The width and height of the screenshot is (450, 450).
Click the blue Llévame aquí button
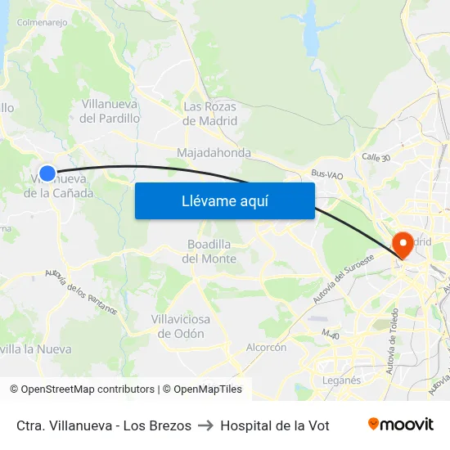pyautogui.click(x=224, y=200)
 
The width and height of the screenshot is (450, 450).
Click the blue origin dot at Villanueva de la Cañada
pyautogui.click(x=47, y=173)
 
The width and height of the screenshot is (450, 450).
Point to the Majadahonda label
pyautogui.click(x=214, y=153)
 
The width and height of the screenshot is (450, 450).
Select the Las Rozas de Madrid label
pyautogui.click(x=209, y=114)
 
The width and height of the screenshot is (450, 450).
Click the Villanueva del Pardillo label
pyautogui.click(x=110, y=110)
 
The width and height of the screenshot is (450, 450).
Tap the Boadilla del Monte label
pyautogui.click(x=212, y=252)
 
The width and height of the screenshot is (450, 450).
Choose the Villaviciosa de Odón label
pyautogui.click(x=178, y=326)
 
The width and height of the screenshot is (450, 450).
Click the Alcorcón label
pyautogui.click(x=266, y=347)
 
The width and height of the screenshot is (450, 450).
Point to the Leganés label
pyautogui.click(x=341, y=380)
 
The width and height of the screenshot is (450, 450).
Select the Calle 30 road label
pyautogui.click(x=376, y=156)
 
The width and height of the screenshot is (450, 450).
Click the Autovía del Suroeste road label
pyautogui.click(x=343, y=279)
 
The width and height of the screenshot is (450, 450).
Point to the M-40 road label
pyautogui.click(x=330, y=335)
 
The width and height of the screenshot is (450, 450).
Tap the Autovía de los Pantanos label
pyautogui.click(x=81, y=292)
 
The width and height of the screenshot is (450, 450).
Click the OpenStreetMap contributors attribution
pyautogui.click(x=82, y=389)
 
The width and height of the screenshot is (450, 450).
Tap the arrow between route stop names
pyautogui.click(x=205, y=425)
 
